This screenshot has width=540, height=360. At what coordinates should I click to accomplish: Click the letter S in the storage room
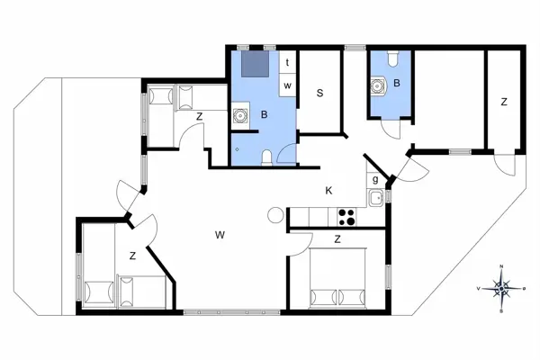click(x=319, y=92)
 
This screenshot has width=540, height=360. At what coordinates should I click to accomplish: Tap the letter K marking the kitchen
click(x=329, y=190)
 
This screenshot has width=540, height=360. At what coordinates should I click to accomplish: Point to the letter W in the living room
click(x=219, y=236)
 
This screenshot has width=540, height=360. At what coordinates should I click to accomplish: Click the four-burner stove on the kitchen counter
click(x=346, y=216)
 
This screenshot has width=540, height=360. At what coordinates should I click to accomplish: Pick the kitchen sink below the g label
click(x=376, y=198)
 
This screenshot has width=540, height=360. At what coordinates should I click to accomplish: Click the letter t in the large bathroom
click(x=286, y=63)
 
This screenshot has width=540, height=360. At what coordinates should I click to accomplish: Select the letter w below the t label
click(x=287, y=85)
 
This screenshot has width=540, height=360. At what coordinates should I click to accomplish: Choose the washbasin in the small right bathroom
click(x=379, y=86)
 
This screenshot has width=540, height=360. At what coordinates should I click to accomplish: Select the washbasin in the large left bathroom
click(x=240, y=115)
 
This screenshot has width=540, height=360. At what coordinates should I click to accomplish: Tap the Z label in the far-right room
click(x=504, y=102)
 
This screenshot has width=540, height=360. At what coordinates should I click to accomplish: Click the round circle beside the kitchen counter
click(x=275, y=216)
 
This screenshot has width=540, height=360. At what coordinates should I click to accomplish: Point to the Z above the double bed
click(x=337, y=239)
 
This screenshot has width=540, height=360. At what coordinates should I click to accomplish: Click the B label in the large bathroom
click(x=264, y=114)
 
